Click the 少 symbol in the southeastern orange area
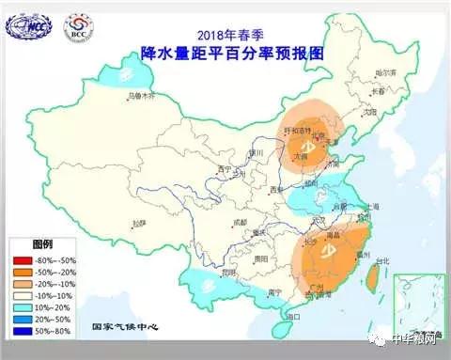(330, 252)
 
